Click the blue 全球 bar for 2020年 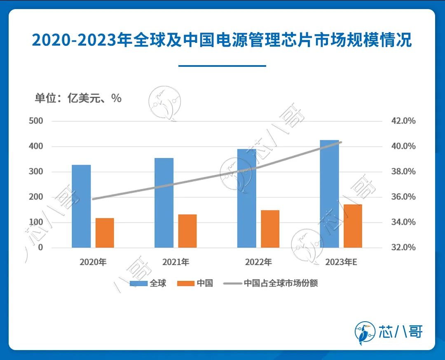click(81, 206)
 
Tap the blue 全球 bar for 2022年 click(247, 198)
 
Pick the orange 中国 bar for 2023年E click(353, 226)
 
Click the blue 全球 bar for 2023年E click(329, 194)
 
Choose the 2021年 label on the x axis click(176, 262)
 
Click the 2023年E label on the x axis click(341, 262)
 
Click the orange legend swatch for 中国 click(185, 283)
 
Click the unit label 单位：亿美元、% click(78, 98)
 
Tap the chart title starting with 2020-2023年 click(222, 41)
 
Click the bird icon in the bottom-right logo click(365, 332)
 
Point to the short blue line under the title click(222, 66)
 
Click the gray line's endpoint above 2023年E click(341, 142)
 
